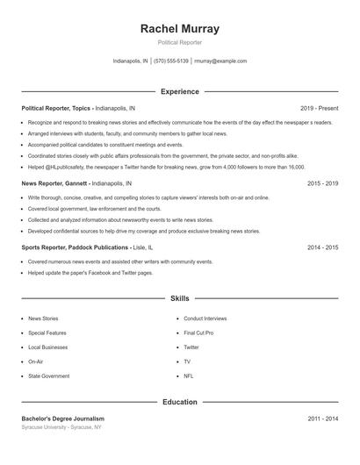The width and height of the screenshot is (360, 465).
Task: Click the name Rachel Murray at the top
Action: [179, 29]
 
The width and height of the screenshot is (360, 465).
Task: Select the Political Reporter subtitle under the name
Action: [179, 42]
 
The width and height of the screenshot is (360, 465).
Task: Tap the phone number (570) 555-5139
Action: [171, 61]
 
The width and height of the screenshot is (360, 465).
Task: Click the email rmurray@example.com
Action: [220, 61]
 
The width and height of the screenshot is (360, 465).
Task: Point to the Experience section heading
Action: [179, 91]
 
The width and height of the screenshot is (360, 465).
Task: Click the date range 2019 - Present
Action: [319, 108]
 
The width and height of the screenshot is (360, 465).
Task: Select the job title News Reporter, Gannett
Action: [54, 184]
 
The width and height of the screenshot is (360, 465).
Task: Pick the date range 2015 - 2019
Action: [322, 184]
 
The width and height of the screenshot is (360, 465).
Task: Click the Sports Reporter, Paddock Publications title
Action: [75, 247]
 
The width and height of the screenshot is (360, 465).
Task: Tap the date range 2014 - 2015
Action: [322, 247]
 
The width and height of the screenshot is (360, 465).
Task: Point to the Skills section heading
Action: [179, 299]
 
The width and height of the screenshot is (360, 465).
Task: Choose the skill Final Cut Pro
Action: [198, 333]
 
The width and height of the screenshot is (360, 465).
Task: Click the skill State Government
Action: [48, 376]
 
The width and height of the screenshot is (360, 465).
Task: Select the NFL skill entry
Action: [189, 376]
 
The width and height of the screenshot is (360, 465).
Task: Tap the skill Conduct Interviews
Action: [205, 318]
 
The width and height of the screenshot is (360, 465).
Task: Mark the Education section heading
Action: [179, 402]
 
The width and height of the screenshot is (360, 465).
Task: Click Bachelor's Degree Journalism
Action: [63, 418]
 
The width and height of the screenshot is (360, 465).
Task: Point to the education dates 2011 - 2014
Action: [322, 418]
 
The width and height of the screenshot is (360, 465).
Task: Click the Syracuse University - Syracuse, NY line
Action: [61, 427]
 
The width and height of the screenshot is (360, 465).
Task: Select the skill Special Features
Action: [47, 333]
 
